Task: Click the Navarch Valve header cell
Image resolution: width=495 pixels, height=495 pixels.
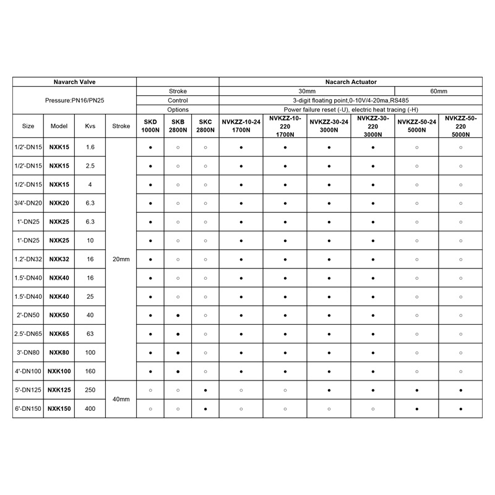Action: tap(74, 82)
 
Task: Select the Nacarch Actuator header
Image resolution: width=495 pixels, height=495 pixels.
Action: tap(351, 82)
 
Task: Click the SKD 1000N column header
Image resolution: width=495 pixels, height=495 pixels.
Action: tap(150, 126)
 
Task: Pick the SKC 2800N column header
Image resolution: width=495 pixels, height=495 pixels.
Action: tap(205, 126)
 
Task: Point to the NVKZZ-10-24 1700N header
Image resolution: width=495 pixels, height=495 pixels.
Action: tap(241, 126)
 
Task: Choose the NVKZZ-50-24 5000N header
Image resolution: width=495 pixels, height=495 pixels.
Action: tap(416, 126)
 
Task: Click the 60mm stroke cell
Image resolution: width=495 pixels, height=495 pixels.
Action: tap(438, 91)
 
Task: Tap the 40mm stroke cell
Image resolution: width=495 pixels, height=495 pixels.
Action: tap(121, 399)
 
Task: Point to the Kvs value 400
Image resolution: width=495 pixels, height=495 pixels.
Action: tap(90, 409)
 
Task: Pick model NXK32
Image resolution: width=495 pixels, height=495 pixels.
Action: tap(59, 259)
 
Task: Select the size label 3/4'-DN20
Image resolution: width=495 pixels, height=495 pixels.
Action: tap(28, 204)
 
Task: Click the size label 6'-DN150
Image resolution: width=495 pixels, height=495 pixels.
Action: tap(28, 409)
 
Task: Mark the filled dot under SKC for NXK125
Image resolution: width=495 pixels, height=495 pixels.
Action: tap(205, 390)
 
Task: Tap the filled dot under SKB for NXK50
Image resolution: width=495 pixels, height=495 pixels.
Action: tap(178, 316)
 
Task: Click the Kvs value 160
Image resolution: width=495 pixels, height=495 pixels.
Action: tap(90, 371)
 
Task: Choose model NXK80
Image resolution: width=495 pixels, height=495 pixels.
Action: tap(59, 353)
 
